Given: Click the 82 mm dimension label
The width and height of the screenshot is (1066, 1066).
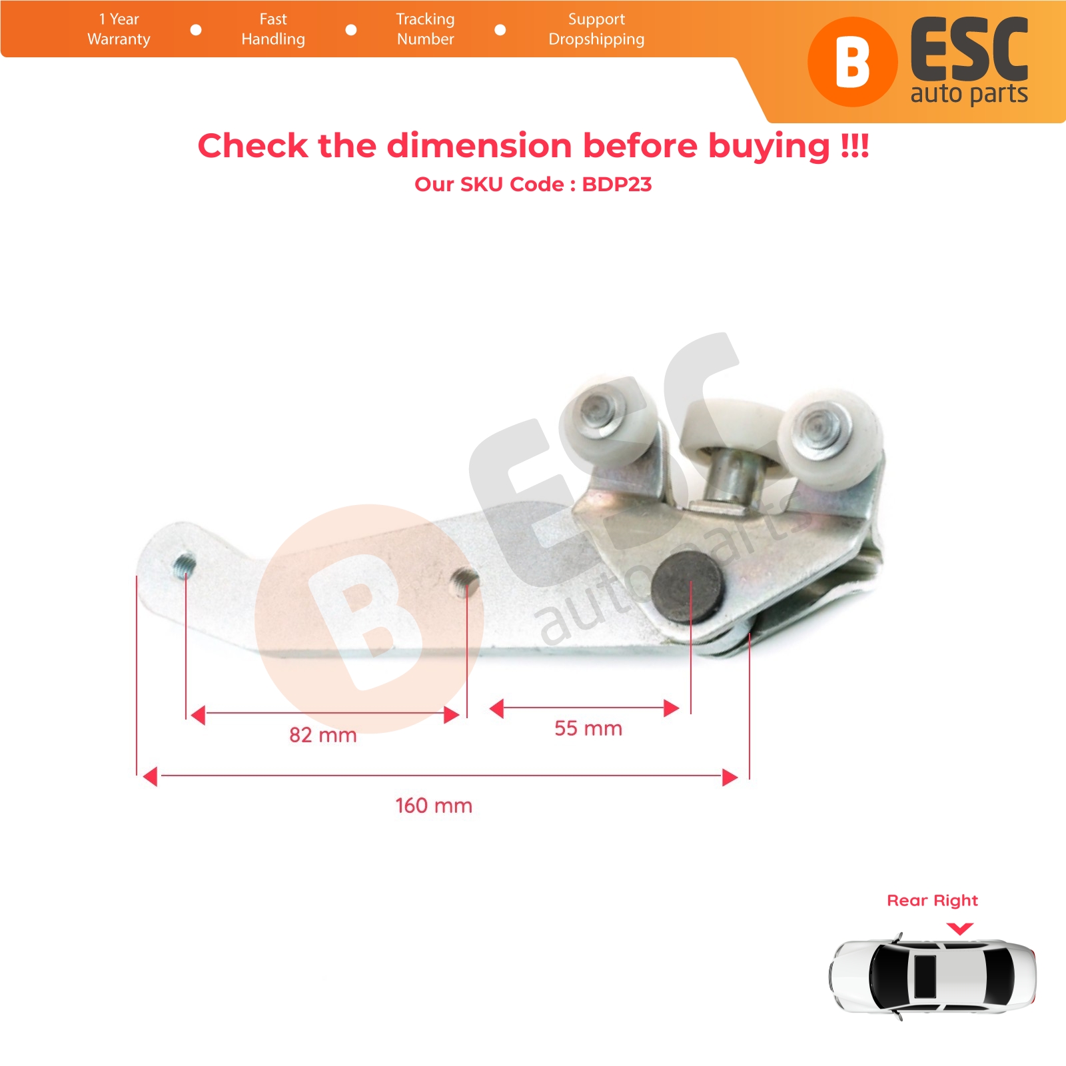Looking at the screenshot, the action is (323, 735).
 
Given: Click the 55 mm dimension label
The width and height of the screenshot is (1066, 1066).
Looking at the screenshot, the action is (588, 728).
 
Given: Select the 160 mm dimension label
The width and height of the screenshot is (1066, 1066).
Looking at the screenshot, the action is (434, 805).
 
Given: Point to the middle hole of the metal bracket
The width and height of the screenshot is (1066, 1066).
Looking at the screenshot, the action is (464, 581).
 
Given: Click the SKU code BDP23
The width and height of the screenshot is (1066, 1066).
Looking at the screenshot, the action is (617, 185).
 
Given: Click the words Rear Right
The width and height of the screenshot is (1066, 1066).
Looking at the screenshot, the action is (932, 901).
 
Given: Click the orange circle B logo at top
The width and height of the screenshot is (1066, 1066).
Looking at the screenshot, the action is (852, 62).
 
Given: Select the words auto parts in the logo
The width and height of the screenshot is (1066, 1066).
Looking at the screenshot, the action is (969, 93).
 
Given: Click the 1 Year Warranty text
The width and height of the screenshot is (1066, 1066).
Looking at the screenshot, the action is (119, 29).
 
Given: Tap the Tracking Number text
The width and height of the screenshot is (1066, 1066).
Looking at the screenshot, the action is (425, 29).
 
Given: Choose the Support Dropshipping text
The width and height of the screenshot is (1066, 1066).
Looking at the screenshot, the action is (596, 29).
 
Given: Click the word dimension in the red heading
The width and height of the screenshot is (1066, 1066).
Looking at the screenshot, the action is (479, 145).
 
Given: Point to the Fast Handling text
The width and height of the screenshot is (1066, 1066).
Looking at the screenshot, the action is (273, 29).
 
